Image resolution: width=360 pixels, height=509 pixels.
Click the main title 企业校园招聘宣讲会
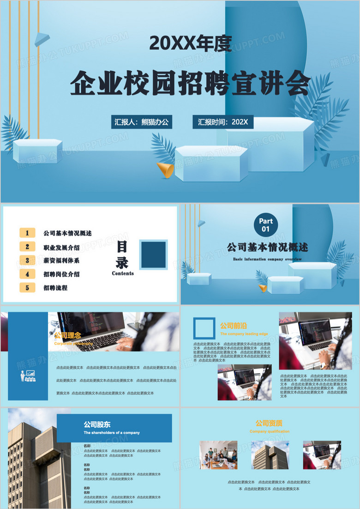(190, 83)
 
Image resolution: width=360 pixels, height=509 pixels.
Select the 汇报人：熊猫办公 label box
(142, 122)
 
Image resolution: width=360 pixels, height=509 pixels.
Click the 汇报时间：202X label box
(223, 122)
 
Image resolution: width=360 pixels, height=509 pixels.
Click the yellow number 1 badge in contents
(28, 233)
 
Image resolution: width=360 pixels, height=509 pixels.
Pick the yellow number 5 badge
(28, 288)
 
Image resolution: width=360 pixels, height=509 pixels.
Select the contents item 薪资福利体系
(61, 261)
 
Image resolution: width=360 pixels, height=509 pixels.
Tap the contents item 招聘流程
(55, 288)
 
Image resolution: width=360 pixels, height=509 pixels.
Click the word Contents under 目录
(123, 273)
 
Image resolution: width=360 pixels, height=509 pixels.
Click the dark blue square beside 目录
(154, 254)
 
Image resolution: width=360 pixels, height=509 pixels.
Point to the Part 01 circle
(266, 224)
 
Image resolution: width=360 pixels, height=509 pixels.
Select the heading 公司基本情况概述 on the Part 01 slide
(267, 247)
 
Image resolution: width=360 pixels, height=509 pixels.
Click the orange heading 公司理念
(67, 335)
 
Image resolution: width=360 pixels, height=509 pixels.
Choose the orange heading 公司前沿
(234, 326)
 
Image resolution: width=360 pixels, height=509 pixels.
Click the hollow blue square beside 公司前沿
(204, 328)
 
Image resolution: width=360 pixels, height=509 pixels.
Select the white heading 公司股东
(97, 424)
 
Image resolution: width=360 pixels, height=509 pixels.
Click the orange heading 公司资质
(269, 423)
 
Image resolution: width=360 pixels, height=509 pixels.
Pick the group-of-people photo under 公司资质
(218, 454)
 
